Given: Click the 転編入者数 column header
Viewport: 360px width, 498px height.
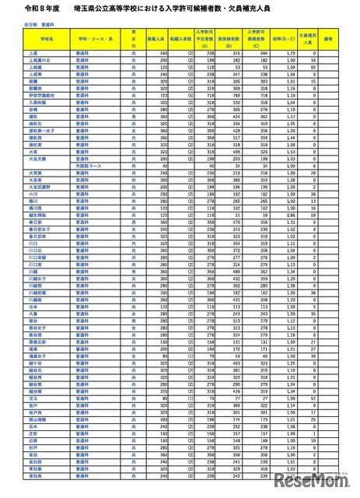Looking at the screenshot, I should pyautogui.click(x=184, y=37).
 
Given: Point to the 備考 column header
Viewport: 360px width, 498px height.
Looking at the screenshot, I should pyautogui.click(x=329, y=37).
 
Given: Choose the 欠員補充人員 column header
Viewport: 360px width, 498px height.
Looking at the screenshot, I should pyautogui.click(x=306, y=37).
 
